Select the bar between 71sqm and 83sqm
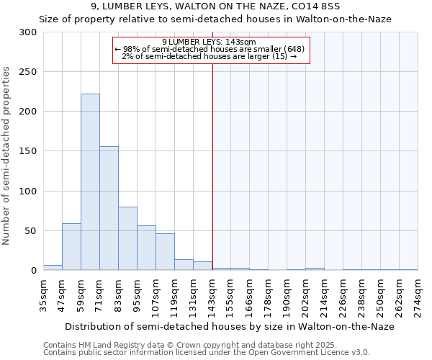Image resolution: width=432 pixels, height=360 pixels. (109, 208)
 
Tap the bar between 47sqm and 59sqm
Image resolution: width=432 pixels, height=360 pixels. (71, 247)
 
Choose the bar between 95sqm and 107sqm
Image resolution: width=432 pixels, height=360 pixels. (146, 248)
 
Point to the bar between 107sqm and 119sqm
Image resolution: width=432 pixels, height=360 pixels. (165, 252)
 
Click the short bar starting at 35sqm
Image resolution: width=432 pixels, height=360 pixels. (53, 268)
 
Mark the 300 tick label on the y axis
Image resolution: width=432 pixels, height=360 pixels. (28, 32)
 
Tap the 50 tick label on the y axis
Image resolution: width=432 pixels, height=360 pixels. (31, 231)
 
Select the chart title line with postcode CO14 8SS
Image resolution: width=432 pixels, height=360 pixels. (216, 6)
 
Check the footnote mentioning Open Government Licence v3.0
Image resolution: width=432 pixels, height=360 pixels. (207, 353)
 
